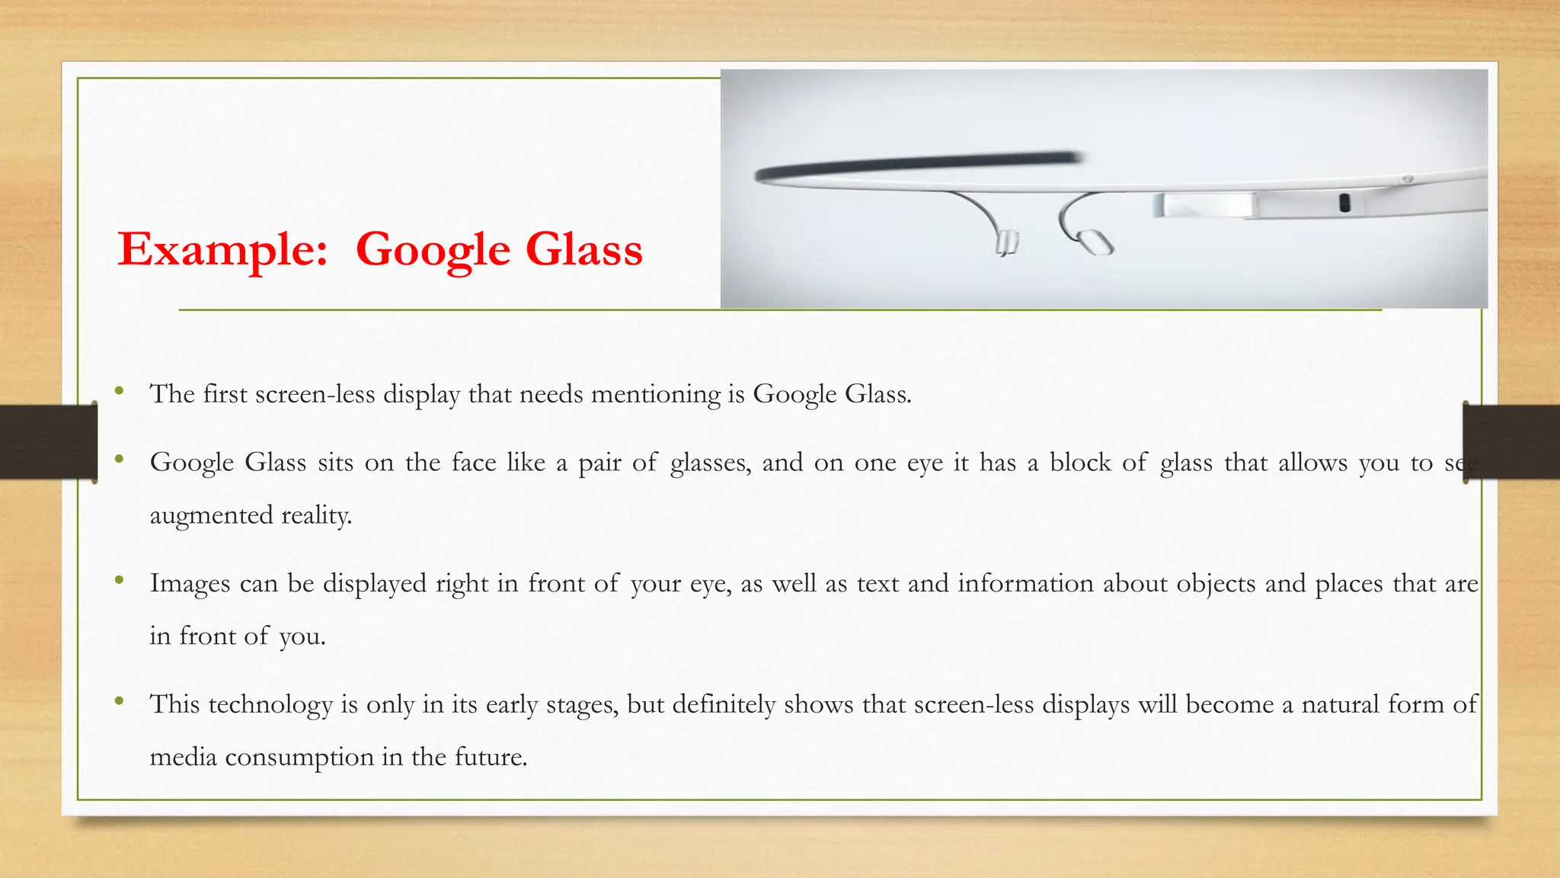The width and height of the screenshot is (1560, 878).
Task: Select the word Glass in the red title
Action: pyautogui.click(x=584, y=250)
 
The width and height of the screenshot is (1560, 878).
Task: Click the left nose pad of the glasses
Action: pyautogui.click(x=1006, y=242)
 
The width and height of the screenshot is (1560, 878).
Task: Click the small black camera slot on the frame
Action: pyautogui.click(x=1344, y=203)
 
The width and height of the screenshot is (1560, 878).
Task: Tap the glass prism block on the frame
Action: pyautogui.click(x=1204, y=206)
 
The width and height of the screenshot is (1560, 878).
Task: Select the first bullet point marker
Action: pyautogui.click(x=119, y=392)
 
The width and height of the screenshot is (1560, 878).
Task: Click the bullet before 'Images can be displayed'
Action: pyautogui.click(x=119, y=581)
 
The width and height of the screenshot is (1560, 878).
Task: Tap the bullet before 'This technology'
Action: pyautogui.click(x=119, y=701)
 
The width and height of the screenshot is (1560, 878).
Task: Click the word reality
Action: pyautogui.click(x=316, y=516)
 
